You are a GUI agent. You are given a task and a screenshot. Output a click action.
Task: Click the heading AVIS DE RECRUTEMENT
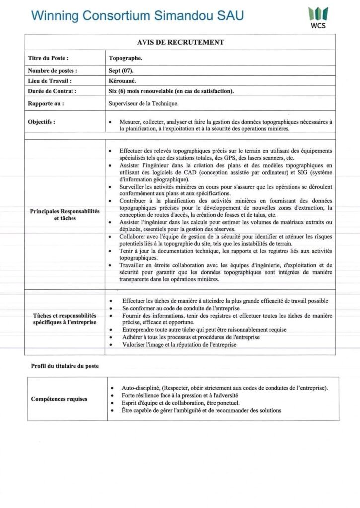(180, 42)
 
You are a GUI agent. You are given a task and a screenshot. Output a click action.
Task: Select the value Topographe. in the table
(125, 58)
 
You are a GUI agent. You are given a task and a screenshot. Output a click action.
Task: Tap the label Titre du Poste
(48, 58)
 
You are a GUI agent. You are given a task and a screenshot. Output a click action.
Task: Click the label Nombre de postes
(53, 71)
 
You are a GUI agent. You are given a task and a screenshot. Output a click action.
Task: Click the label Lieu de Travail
(50, 81)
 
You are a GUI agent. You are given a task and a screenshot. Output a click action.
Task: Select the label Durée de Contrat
(52, 91)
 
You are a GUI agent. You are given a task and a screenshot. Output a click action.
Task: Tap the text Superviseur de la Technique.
(144, 104)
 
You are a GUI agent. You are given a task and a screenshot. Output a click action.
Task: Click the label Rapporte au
(46, 104)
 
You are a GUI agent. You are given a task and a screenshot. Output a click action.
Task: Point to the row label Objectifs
(42, 122)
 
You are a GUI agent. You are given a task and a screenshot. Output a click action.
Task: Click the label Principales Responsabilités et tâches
(65, 215)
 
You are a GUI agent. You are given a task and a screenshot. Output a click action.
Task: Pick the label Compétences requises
(59, 399)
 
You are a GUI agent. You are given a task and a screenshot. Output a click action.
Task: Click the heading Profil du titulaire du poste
(65, 366)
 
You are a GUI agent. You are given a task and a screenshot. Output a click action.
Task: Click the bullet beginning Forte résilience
(180, 395)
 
